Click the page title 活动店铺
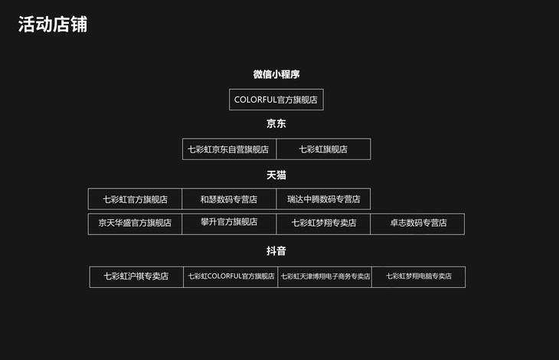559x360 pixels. [x=53, y=25]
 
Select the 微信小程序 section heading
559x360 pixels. [x=276, y=74]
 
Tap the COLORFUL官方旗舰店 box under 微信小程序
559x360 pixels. [x=276, y=100]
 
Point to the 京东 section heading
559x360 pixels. [x=276, y=123]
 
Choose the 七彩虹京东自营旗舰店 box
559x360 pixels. [x=229, y=149]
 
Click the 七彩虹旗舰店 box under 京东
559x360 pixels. [x=323, y=149]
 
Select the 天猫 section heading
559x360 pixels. [x=276, y=175]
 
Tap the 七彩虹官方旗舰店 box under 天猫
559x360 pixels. [x=135, y=199]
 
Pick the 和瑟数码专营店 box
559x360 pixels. [x=229, y=199]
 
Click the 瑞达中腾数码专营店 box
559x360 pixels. [x=323, y=199]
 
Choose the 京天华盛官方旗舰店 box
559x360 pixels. [x=135, y=224]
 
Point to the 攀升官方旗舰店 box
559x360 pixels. [x=229, y=224]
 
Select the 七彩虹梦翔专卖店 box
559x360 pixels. [x=323, y=224]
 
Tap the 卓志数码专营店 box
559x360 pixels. [x=417, y=224]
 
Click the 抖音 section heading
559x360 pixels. [x=276, y=251]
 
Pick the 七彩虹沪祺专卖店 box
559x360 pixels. [x=136, y=277]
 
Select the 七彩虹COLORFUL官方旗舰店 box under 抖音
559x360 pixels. [x=230, y=277]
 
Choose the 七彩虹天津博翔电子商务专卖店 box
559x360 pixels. [x=325, y=277]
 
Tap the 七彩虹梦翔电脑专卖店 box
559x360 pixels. [x=419, y=277]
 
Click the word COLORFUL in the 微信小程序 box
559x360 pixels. [x=255, y=100]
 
